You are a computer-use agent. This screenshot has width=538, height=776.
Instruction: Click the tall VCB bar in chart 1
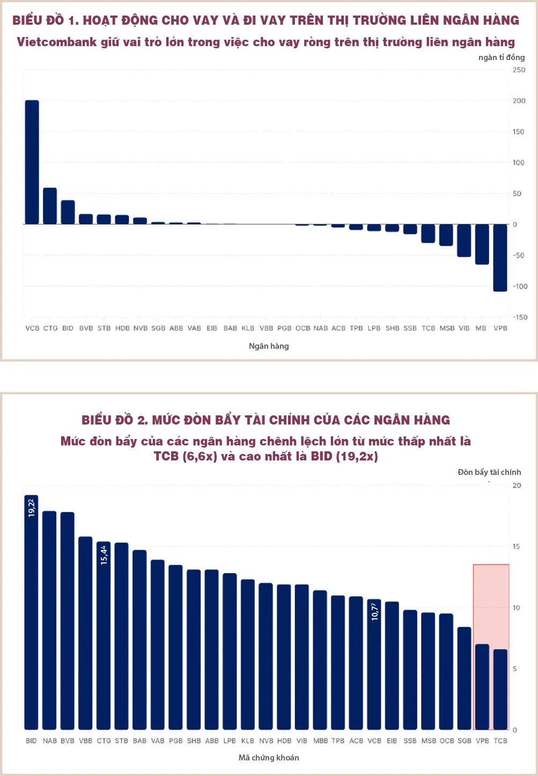click(32, 162)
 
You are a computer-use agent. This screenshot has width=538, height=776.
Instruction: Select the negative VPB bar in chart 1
click(500, 258)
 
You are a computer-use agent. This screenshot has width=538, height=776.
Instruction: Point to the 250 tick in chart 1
click(519, 70)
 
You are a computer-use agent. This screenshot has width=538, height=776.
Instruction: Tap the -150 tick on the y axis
click(520, 317)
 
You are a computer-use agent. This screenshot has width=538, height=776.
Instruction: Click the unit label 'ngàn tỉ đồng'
click(501, 57)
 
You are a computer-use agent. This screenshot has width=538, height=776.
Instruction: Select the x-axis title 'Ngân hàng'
click(269, 346)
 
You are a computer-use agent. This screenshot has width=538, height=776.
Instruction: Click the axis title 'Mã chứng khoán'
click(269, 758)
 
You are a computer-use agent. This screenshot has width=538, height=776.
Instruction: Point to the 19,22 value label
click(31, 508)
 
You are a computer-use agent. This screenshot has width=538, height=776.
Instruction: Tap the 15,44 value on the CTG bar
click(104, 555)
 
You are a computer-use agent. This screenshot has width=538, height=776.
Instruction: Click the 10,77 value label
click(374, 612)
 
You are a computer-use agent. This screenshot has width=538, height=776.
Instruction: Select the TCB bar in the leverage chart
click(500, 690)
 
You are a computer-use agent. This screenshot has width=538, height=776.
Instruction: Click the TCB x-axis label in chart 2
click(500, 741)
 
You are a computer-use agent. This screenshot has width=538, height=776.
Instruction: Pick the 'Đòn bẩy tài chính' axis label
click(489, 472)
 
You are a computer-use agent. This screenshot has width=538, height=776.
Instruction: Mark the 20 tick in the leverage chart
click(517, 485)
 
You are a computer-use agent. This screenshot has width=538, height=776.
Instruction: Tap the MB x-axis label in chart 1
click(481, 328)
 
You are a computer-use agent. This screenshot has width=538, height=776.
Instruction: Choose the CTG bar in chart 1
click(50, 206)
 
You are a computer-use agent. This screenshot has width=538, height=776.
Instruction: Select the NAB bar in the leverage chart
click(49, 620)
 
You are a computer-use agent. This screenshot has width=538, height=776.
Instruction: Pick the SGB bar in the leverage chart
click(464, 678)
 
